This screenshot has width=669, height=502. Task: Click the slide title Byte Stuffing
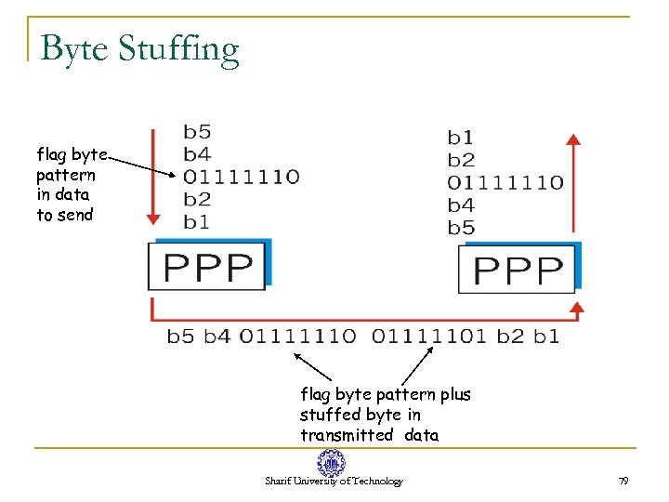coord(140,48)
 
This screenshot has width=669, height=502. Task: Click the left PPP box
coord(208,267)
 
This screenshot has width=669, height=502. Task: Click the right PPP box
coord(518,270)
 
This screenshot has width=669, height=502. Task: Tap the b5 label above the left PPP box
coord(197,131)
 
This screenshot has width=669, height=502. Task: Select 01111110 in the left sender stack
coord(241,177)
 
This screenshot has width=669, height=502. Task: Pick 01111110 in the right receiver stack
coord(505,182)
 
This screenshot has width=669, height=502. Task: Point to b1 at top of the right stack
coord(461,138)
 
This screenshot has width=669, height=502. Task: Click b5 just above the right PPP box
coord(461,227)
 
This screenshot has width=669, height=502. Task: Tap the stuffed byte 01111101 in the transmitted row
coord(429,336)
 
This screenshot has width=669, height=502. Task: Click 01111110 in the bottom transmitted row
coord(297,336)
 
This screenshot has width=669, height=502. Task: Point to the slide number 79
coord(623,481)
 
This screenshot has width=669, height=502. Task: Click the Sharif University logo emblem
coord(331,463)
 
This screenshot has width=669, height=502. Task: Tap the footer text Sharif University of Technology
coord(334,482)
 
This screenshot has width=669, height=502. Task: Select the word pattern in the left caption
coord(65,175)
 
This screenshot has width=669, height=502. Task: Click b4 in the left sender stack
coord(197,153)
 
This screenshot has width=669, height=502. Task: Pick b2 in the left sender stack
coord(197,199)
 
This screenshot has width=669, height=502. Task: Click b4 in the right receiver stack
coord(461,205)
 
